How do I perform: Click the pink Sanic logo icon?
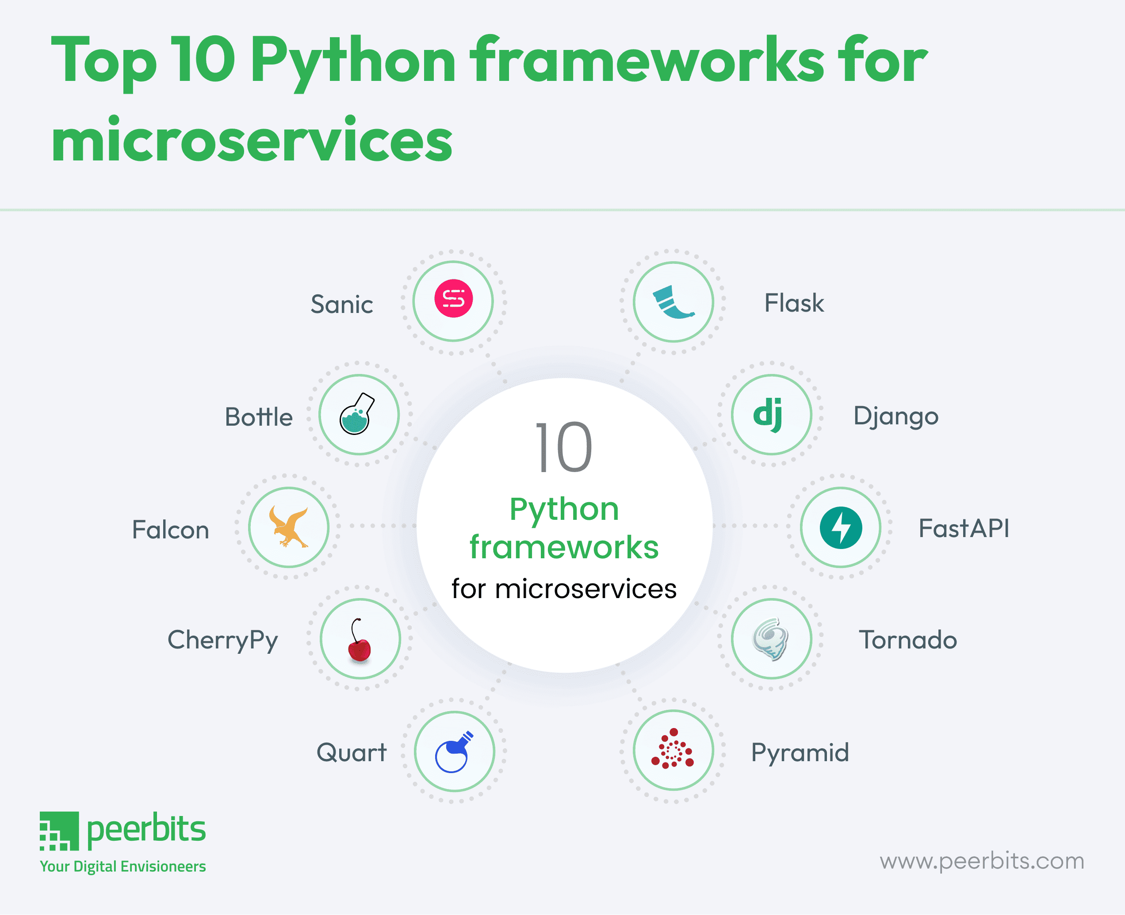[x=453, y=298]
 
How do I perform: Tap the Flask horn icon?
[x=672, y=302]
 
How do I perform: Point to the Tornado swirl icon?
[x=770, y=639]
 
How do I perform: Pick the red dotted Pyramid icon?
[x=672, y=749]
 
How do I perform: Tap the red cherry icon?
[x=360, y=640]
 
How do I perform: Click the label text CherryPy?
[x=222, y=640]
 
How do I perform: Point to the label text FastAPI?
[x=964, y=528]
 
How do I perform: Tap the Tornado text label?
[x=908, y=640]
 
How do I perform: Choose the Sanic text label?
[x=341, y=304]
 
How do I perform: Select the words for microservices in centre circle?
[x=563, y=589]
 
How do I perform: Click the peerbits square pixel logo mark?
[x=59, y=831]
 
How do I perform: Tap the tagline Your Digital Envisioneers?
[x=123, y=866]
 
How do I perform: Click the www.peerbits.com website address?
[x=982, y=861]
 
